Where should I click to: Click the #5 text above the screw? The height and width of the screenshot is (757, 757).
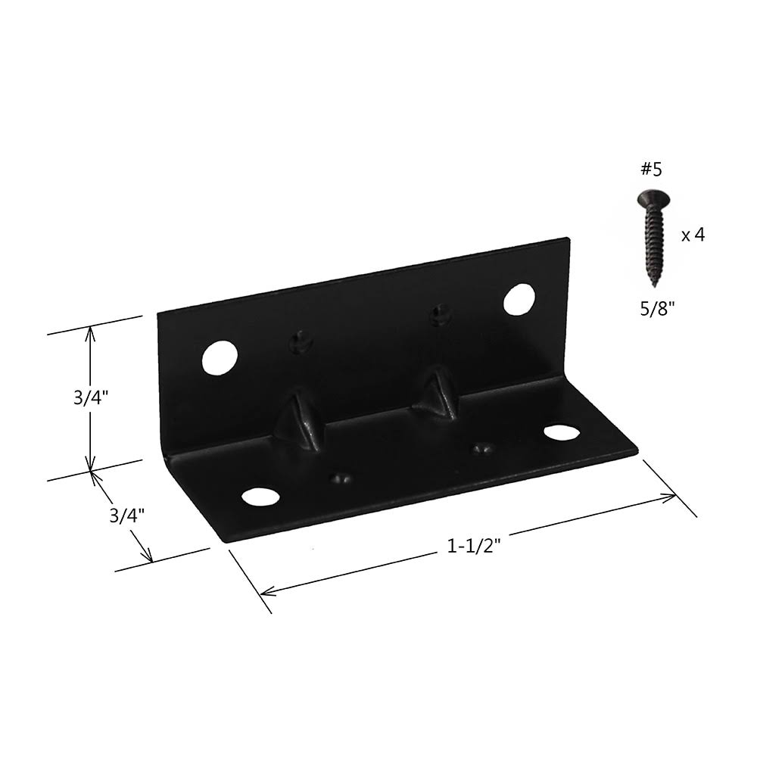(651, 170)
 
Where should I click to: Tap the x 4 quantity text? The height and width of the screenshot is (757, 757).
(693, 235)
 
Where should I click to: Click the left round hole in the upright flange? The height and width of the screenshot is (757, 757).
(220, 357)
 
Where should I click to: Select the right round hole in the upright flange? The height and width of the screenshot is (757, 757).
(519, 299)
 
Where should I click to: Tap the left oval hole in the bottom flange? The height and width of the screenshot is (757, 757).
(260, 497)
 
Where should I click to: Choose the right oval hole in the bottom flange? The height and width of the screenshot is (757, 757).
(560, 431)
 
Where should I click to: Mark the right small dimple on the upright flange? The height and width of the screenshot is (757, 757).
(439, 313)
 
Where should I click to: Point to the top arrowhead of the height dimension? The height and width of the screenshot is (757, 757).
(91, 330)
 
